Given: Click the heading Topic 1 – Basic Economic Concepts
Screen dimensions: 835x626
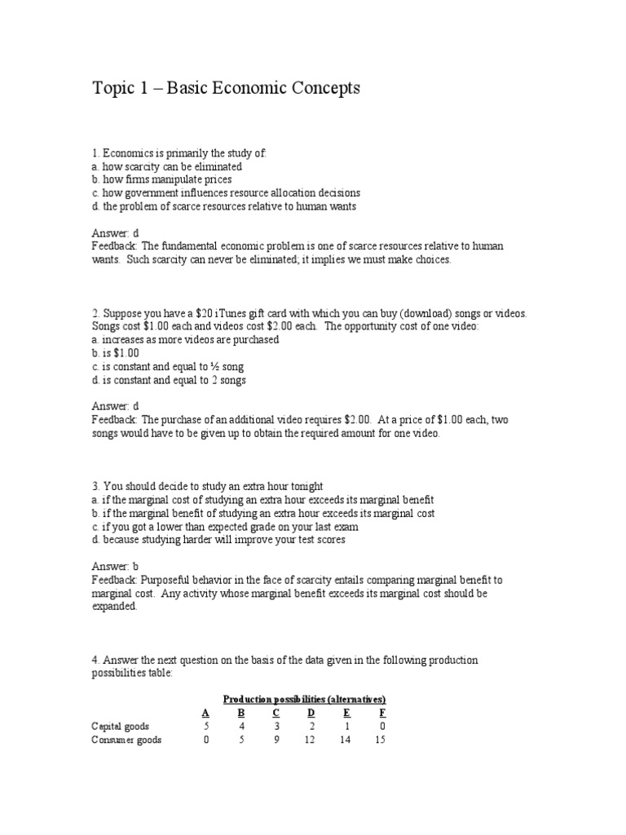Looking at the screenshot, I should click(226, 88).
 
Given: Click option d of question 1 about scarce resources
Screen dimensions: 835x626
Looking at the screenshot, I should click(224, 206).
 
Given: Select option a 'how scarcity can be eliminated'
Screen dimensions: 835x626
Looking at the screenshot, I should click(167, 166).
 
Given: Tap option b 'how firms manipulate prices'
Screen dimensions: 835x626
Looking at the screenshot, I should click(162, 179).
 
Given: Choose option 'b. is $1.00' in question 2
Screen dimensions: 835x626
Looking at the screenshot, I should click(116, 353).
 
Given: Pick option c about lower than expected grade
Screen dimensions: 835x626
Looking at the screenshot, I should click(225, 527).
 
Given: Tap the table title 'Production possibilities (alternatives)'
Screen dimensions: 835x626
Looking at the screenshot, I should click(304, 700).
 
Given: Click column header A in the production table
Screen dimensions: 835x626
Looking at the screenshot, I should click(205, 713).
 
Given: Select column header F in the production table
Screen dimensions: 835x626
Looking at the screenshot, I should click(381, 713).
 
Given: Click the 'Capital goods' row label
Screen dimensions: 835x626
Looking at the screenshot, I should click(120, 726).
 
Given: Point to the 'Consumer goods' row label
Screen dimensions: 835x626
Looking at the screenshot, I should click(126, 740).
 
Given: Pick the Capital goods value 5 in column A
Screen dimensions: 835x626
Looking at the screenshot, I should click(206, 726).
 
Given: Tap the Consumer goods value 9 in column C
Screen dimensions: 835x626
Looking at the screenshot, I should click(276, 740).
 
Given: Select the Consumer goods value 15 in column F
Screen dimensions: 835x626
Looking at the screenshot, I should click(381, 740).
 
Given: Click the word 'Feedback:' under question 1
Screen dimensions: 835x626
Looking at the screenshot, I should click(117, 246).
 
